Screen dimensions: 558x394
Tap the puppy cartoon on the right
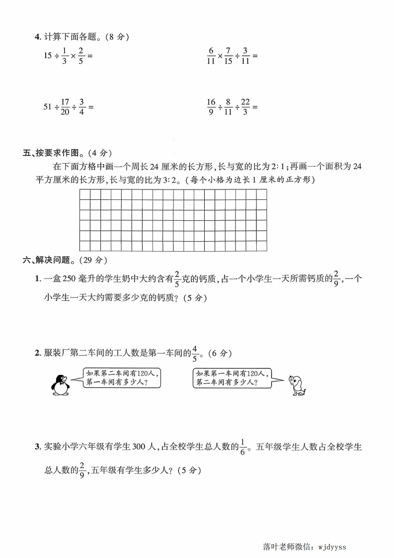coord(297,384)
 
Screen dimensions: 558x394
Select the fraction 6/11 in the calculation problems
coord(211,56)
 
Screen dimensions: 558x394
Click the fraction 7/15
coord(228,56)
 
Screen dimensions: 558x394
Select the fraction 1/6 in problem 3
coord(243,447)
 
